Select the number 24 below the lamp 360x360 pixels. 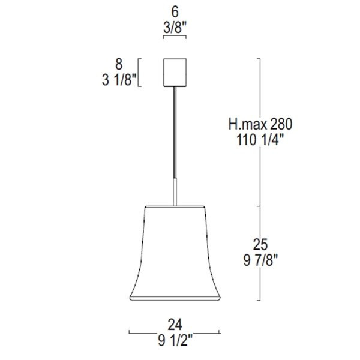[175, 325]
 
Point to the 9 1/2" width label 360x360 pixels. [175, 341]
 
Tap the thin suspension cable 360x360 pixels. [175, 132]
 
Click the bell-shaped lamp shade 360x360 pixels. [175, 252]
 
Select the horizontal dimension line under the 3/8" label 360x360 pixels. [175, 37]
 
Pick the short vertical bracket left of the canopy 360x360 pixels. [140, 72]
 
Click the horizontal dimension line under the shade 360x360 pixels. [175, 332]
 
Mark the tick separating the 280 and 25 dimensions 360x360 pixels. [259, 206]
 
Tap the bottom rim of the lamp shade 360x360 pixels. [175, 298]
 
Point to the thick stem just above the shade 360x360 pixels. [175, 192]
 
